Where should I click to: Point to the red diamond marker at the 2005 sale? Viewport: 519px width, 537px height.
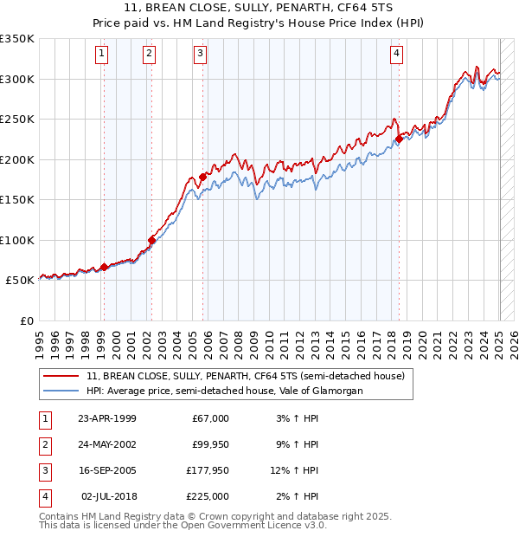tap(203, 177)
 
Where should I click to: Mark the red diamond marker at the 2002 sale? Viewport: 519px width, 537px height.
tap(152, 240)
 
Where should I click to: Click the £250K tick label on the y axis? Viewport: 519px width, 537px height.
tap(17, 120)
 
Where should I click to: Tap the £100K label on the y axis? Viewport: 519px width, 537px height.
tap(17, 240)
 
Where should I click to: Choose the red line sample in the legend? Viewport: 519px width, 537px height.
tap(61, 377)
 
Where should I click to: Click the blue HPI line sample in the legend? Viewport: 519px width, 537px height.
tap(61, 391)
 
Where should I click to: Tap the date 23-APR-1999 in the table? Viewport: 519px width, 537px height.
tap(107, 418)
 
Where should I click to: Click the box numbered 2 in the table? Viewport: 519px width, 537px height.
tap(44, 444)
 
